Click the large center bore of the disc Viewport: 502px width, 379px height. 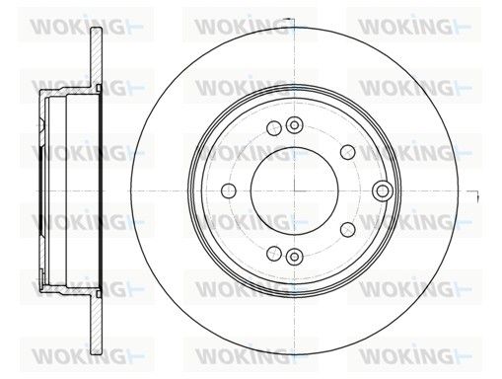(x=294, y=190)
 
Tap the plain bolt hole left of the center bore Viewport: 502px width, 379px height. (x=229, y=190)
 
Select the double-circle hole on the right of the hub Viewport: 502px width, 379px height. (x=383, y=190)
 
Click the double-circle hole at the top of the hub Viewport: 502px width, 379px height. (x=294, y=125)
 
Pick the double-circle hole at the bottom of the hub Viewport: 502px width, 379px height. (x=294, y=256)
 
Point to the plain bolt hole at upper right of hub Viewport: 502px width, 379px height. (x=348, y=152)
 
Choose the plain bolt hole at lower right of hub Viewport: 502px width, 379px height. (x=348, y=229)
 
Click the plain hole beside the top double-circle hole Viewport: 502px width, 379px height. (x=274, y=127)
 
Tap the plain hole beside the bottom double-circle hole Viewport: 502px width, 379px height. (x=274, y=254)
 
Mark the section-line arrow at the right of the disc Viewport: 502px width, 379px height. (x=474, y=194)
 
